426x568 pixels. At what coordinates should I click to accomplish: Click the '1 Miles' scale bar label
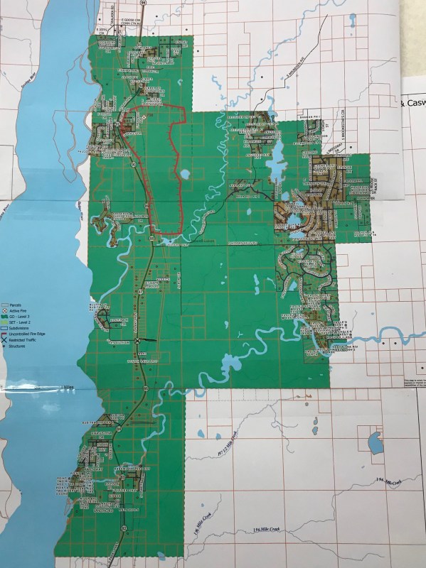pyautogui.click(x=68, y=387)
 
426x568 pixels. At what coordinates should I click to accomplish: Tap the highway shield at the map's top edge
pyautogui.click(x=144, y=3)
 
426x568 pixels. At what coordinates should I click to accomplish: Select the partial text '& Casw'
pyautogui.click(x=413, y=104)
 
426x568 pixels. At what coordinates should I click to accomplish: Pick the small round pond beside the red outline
pyautogui.click(x=185, y=173)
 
